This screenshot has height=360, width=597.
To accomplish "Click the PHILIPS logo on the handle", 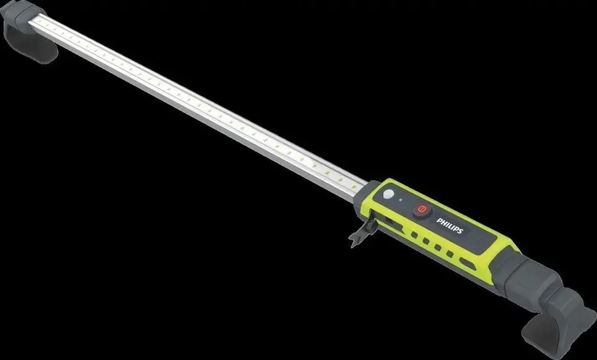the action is [x=450, y=226].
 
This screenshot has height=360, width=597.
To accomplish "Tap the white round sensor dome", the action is [x=388, y=194].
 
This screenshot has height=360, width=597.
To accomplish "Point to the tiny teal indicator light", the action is [x=400, y=200].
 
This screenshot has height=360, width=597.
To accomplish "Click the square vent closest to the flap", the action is [x=414, y=235].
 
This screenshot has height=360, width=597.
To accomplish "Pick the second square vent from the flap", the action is [x=426, y=241].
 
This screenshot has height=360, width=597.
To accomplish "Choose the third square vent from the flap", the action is [x=438, y=247].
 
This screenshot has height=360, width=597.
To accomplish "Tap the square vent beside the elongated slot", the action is [x=450, y=254].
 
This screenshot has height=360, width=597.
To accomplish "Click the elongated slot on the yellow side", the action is [x=468, y=264].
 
